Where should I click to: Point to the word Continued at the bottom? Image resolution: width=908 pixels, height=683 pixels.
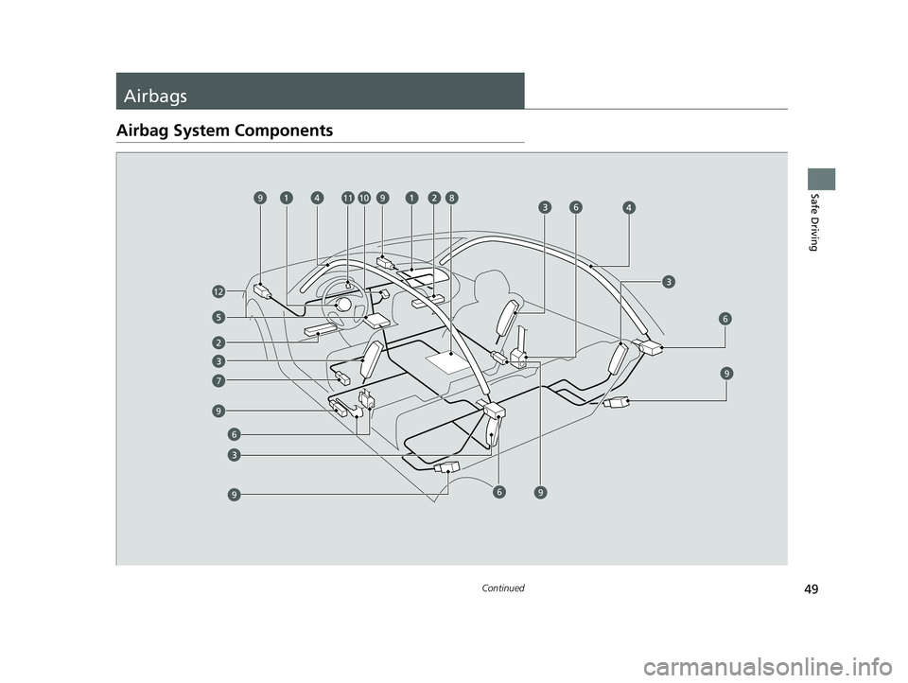[x=502, y=587]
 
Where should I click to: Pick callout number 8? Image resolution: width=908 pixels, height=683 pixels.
[x=452, y=198]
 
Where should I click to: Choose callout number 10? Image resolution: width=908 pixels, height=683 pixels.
[x=363, y=198]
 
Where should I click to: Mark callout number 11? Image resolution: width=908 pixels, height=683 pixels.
[x=348, y=198]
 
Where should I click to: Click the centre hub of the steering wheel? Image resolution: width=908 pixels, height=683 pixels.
[x=343, y=304]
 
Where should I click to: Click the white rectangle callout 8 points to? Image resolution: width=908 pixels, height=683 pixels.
[x=452, y=361]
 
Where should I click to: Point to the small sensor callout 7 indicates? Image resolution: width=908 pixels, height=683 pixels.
[x=343, y=379]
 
